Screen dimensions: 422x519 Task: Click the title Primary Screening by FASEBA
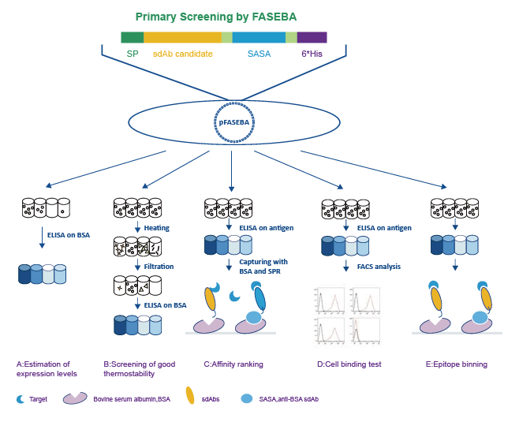(x=215, y=16)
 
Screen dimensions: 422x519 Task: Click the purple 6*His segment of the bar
(x=312, y=37)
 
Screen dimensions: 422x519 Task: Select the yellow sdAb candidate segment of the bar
(x=182, y=37)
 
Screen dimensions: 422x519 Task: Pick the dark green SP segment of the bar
(x=132, y=37)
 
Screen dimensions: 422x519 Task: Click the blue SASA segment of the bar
(x=259, y=37)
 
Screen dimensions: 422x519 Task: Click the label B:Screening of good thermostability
(x=140, y=369)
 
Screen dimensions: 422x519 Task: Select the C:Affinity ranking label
(x=233, y=364)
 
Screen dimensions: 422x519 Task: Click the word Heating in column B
(x=156, y=228)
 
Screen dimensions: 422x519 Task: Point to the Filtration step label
(x=159, y=267)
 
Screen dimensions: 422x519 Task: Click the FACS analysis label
(x=379, y=267)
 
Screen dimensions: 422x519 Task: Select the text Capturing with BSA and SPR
(x=262, y=265)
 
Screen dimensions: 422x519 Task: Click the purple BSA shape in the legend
(x=75, y=399)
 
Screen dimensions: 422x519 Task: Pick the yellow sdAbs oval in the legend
(x=189, y=396)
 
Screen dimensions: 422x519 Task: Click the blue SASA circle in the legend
(x=246, y=399)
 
